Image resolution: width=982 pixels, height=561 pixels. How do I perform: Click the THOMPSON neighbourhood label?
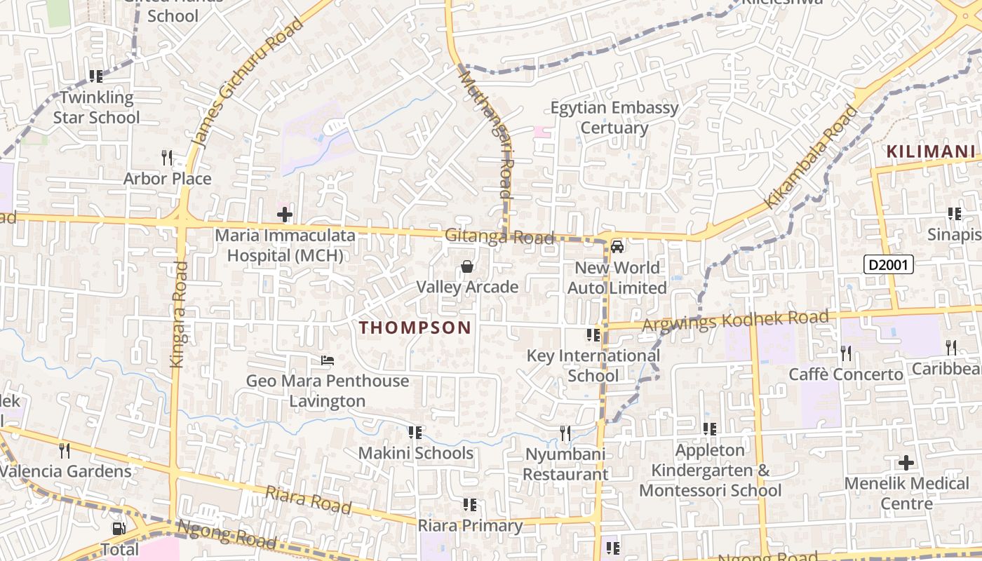[x=415, y=327]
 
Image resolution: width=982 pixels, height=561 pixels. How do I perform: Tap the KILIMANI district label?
[x=930, y=151]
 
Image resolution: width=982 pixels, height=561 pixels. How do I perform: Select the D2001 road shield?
[x=888, y=264]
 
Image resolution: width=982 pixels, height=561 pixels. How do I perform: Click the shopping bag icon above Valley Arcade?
[x=466, y=266]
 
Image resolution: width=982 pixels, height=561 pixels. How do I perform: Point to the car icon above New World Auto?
[x=617, y=246]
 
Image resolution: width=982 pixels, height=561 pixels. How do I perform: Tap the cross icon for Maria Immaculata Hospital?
[x=285, y=215]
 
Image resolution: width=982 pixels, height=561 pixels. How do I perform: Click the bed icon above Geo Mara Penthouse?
[x=327, y=361]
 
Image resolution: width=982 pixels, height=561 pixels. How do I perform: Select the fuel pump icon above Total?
[x=119, y=528]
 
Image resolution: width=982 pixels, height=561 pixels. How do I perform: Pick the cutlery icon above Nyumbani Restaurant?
[x=565, y=433]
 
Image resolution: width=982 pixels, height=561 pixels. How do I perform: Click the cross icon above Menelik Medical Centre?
[x=906, y=463]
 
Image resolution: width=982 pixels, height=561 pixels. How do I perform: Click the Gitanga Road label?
[x=499, y=237]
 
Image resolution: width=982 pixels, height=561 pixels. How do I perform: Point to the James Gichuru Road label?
[x=248, y=82]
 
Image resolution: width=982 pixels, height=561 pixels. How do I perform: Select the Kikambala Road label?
[x=812, y=157]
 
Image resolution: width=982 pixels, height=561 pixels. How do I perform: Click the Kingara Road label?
[x=178, y=314]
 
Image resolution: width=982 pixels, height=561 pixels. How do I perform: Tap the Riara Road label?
[x=309, y=499]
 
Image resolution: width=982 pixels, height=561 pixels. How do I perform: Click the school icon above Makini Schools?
[x=415, y=433]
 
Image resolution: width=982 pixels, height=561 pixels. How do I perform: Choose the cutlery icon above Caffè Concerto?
[x=846, y=353]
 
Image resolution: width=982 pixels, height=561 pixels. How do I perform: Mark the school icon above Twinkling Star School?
[x=96, y=76]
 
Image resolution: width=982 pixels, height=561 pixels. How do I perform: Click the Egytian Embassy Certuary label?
[x=614, y=118]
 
